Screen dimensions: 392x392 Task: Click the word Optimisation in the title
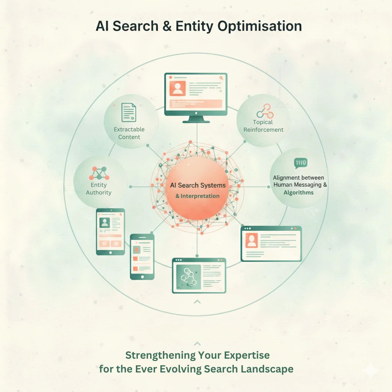[x=260, y=26]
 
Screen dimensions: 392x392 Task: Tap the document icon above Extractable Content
[x=129, y=113]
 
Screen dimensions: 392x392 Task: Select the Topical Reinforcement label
[x=263, y=126]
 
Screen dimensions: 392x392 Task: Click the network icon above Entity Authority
[x=99, y=173]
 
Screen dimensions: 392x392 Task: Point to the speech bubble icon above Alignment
[x=301, y=163]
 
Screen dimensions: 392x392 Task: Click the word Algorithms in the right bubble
[x=299, y=193]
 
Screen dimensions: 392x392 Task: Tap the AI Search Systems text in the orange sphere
[x=198, y=185]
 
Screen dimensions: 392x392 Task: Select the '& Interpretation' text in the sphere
[x=198, y=196]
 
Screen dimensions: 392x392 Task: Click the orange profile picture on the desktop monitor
[x=178, y=88]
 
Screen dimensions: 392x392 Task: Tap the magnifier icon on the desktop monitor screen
[x=221, y=78]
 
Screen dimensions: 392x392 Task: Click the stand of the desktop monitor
[x=196, y=119]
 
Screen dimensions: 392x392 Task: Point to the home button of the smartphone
[x=142, y=277]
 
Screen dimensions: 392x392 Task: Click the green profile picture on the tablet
[x=105, y=222]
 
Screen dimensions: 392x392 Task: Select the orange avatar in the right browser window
[x=252, y=240]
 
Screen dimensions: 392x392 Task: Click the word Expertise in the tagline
[x=247, y=355]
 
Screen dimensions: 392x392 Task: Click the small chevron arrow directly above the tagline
[x=197, y=343]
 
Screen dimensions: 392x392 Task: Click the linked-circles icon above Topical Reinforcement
[x=265, y=111]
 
